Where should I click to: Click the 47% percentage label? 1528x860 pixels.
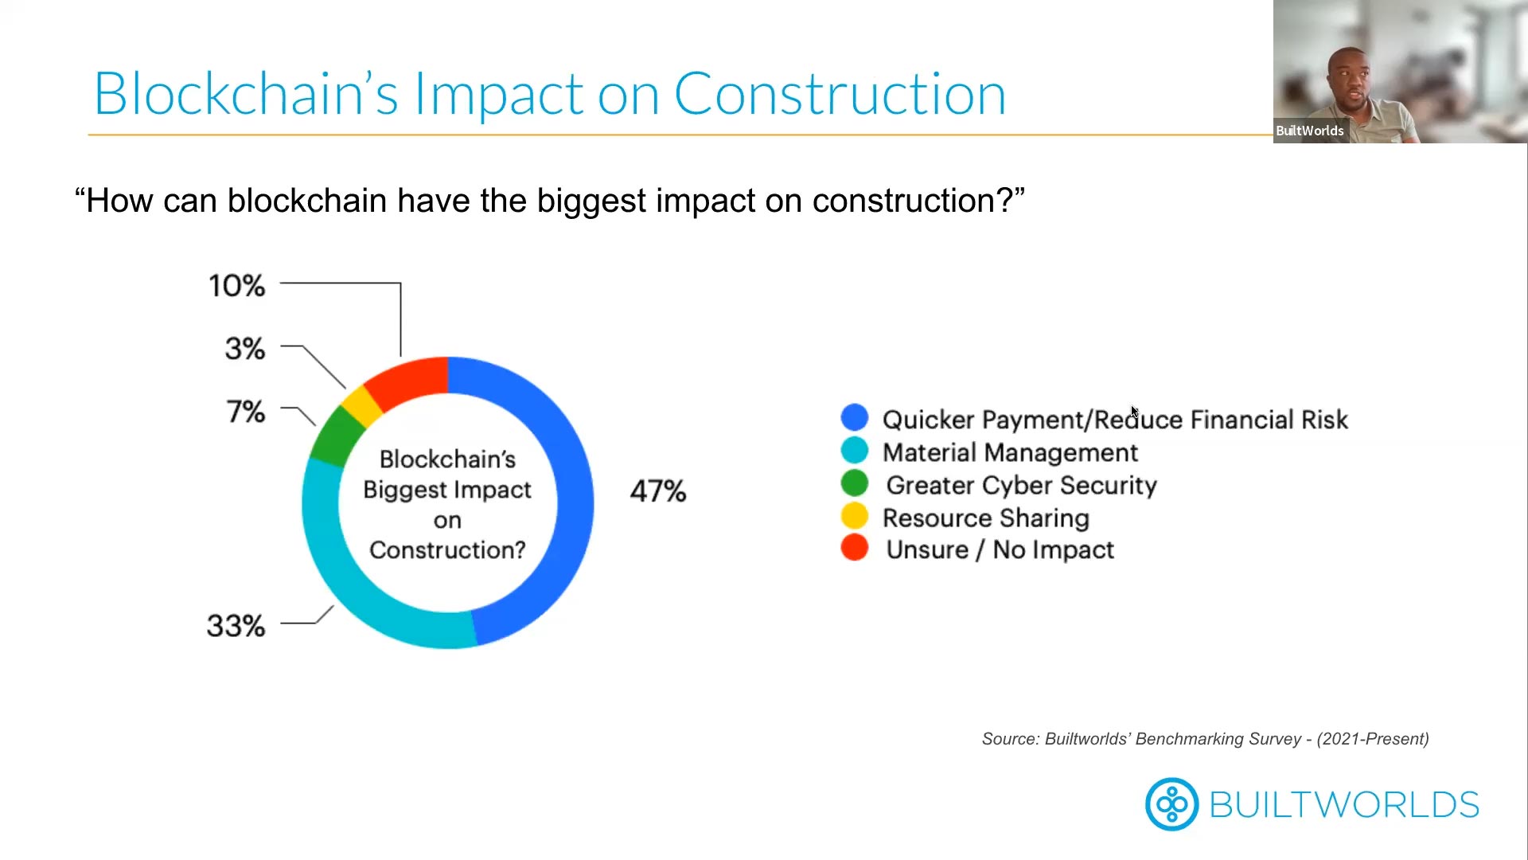tap(657, 491)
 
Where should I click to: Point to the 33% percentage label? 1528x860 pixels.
tap(236, 626)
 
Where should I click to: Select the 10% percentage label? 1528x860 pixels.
tap(236, 285)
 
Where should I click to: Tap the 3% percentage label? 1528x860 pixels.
tap(244, 348)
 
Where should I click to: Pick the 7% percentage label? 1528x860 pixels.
tap(245, 412)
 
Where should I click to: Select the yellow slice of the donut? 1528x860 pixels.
tap(361, 405)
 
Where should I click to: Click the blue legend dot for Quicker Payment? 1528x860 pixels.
tap(854, 417)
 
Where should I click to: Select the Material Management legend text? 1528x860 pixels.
tap(1009, 452)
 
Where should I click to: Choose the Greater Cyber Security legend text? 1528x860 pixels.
tap(1021, 485)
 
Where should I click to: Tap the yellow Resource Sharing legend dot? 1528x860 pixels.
tap(854, 516)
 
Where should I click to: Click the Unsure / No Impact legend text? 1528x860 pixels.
tap(1000, 549)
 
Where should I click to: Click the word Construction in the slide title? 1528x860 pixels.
tap(840, 94)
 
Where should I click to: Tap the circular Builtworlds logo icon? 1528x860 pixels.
tap(1171, 804)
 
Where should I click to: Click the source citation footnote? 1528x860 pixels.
tap(1204, 739)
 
